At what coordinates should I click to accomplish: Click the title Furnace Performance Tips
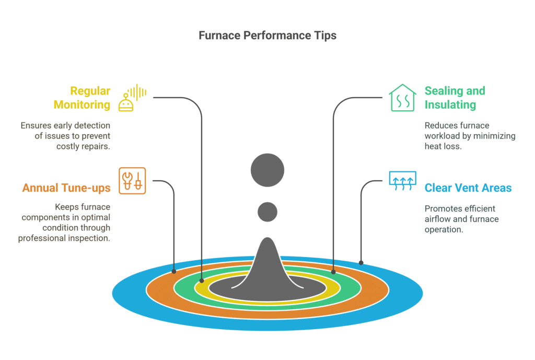click(267, 36)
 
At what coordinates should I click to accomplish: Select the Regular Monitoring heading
click(82, 98)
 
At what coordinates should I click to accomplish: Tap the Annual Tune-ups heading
click(66, 188)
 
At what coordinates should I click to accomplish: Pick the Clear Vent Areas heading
click(468, 188)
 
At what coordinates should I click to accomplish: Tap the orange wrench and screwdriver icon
click(132, 181)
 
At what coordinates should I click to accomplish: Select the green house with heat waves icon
click(402, 98)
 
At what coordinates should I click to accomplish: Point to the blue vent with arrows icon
click(402, 181)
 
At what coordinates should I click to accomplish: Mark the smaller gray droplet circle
click(267, 211)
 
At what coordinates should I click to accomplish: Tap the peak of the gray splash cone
click(267, 241)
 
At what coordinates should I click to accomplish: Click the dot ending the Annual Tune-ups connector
click(174, 271)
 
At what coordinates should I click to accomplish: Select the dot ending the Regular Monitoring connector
click(202, 280)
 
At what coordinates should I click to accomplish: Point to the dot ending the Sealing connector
click(333, 272)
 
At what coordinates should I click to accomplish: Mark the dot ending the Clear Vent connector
click(360, 262)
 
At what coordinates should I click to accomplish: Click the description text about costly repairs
click(65, 136)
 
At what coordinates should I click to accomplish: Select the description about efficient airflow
click(461, 218)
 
